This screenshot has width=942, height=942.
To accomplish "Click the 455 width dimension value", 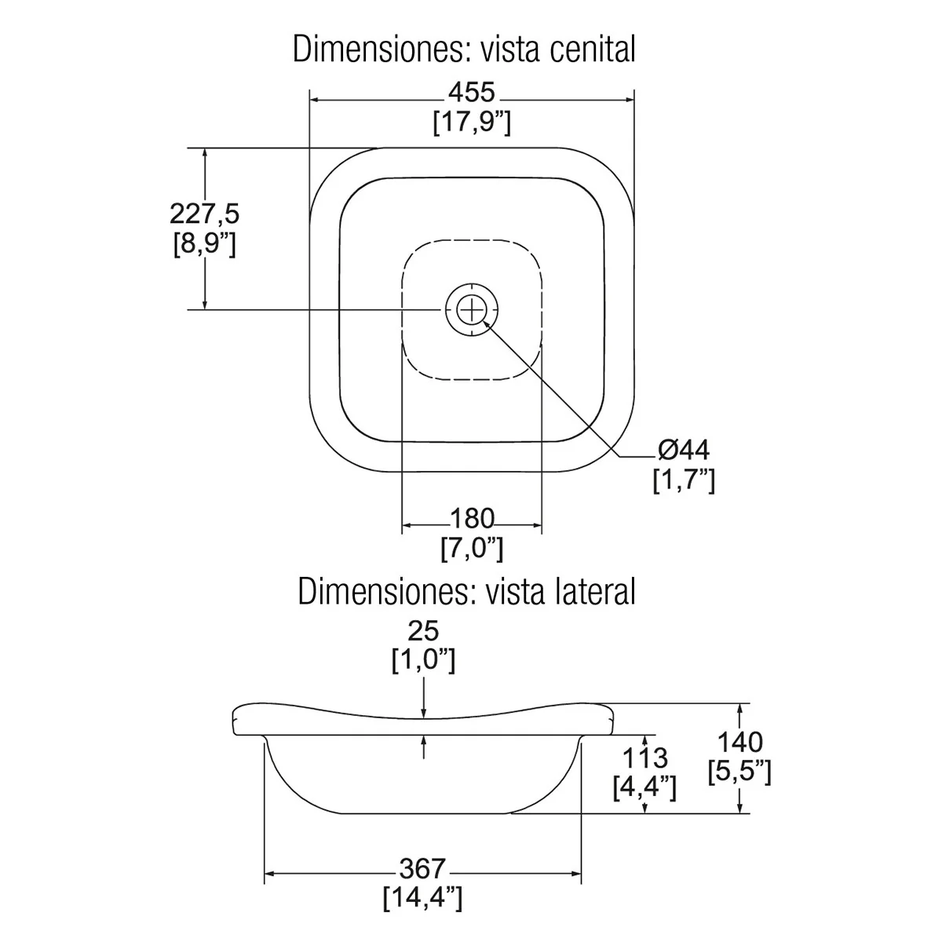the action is click(472, 93).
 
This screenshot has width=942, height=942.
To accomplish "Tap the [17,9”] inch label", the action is click(472, 122).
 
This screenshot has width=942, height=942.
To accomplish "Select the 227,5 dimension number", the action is click(204, 214).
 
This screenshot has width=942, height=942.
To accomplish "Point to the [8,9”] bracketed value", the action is click(204, 244).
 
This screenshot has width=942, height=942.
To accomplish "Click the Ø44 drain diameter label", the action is click(684, 450).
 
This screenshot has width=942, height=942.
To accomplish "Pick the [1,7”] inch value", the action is click(684, 480).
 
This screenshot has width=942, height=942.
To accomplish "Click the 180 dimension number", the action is click(472, 519).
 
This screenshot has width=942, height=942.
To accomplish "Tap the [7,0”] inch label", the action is click(472, 549).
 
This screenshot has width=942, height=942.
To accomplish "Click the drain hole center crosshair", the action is click(472, 309).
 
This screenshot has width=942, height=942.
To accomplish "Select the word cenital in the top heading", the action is click(593, 49).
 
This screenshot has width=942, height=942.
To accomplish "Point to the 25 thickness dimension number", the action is click(423, 630).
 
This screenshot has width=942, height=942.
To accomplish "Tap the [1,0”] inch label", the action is click(423, 660).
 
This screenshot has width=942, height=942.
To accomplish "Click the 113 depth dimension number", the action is click(644, 758).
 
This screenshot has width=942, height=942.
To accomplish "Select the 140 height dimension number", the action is click(740, 743).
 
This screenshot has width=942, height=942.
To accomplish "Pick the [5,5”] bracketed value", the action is click(740, 772).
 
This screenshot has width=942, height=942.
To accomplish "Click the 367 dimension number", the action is click(422, 869).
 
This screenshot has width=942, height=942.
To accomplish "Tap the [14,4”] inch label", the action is click(422, 899).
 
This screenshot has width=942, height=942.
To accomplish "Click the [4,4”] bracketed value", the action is click(644, 788).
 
